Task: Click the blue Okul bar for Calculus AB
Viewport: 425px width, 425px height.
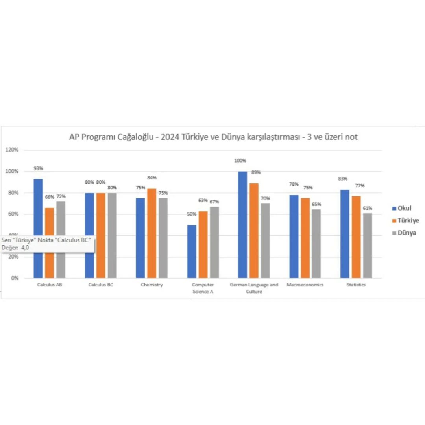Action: (x=38, y=228)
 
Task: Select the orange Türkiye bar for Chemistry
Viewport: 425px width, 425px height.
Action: (x=152, y=233)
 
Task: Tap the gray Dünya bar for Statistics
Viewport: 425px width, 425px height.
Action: (x=368, y=246)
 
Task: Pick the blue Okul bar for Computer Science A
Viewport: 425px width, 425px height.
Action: (x=192, y=251)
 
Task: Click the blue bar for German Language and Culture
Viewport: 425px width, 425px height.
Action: (x=242, y=225)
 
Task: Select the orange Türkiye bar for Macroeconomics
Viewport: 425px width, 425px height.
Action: (x=305, y=238)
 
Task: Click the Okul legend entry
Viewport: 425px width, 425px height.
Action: (x=402, y=208)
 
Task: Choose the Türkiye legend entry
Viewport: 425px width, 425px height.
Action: (x=405, y=220)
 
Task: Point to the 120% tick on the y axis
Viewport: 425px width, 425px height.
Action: (x=12, y=150)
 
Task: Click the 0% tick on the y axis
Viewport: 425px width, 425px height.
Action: (x=15, y=278)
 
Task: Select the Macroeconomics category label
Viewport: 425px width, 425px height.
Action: (x=305, y=285)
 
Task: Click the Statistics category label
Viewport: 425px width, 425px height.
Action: (x=356, y=285)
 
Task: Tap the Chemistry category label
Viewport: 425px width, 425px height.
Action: (x=152, y=285)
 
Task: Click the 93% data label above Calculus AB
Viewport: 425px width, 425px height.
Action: (x=38, y=168)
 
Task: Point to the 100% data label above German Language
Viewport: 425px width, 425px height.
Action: (x=240, y=161)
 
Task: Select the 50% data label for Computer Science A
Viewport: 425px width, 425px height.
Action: (x=192, y=214)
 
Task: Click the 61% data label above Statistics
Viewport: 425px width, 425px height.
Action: (x=368, y=208)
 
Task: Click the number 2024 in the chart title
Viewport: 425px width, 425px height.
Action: (x=170, y=137)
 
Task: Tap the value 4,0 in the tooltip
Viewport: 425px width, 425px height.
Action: (x=25, y=248)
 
